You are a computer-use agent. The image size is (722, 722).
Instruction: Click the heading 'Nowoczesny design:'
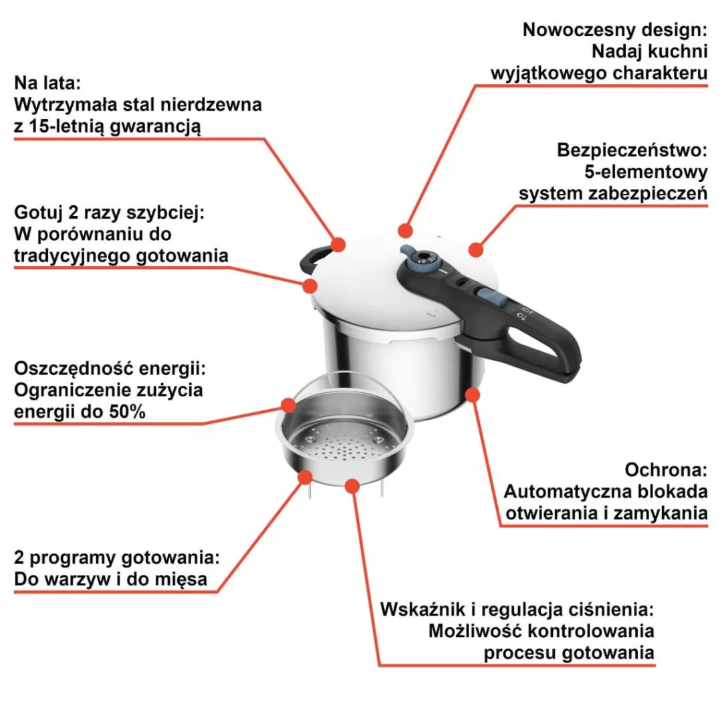point(615,30)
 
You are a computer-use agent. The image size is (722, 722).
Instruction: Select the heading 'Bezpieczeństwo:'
point(632,150)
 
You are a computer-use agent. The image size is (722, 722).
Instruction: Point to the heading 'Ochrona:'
point(666,470)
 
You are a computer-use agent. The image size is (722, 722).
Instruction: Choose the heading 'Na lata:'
point(47,83)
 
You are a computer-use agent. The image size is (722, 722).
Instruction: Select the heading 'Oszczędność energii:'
point(110,368)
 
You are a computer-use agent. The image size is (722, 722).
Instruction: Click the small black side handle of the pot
point(314,260)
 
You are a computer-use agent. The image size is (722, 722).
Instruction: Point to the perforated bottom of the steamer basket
point(344,446)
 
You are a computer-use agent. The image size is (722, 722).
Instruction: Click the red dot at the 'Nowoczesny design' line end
point(405,230)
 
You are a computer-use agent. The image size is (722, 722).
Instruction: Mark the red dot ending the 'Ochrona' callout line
point(473,395)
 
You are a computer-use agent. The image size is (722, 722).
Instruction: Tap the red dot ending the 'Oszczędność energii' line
point(289,405)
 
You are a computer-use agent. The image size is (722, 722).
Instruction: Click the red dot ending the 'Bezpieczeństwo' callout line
point(476,250)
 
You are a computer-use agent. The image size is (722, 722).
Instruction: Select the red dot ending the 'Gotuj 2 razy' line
point(310,286)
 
